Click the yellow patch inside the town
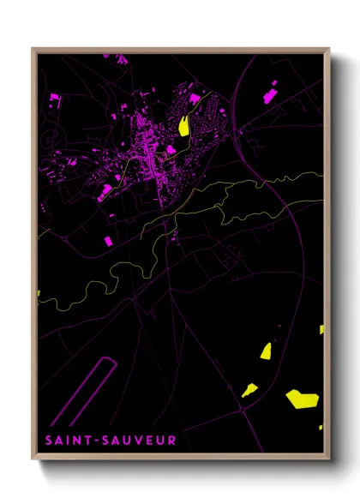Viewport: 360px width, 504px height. [183, 123]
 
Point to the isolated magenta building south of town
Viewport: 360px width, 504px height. [109, 242]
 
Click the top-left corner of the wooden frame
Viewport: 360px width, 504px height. [33, 49]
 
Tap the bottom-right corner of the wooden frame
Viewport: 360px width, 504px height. [329, 459]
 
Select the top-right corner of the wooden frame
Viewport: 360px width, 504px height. [329, 49]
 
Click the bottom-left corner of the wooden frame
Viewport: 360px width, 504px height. [33, 459]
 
